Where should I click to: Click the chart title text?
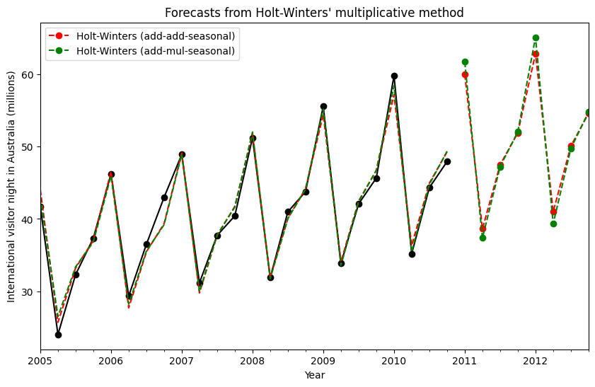point(314,13)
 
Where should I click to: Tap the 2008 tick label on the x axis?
point(253,362)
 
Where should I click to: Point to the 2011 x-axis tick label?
point(465,362)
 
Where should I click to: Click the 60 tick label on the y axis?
point(27,75)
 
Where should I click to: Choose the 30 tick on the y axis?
point(27,292)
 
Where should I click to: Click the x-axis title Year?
point(314,375)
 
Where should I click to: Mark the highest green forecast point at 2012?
point(536,37)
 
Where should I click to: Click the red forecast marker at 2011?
point(465,74)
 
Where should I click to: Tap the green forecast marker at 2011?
point(465,62)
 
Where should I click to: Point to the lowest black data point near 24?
point(58,335)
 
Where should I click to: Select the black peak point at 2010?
point(394,76)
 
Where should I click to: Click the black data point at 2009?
point(323,106)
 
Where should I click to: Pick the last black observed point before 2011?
point(447,161)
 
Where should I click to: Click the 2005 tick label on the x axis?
point(40,362)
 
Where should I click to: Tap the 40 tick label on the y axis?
point(27,219)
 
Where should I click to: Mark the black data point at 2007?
point(182,154)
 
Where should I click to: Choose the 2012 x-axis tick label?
point(536,362)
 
